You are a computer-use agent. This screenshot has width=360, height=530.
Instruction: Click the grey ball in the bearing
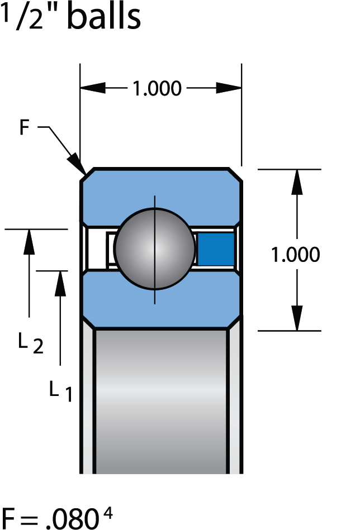pyautogui.click(x=155, y=249)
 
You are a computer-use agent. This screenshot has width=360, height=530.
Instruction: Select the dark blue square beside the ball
pyautogui.click(x=216, y=249)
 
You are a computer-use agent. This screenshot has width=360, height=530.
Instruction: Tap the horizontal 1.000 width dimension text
pyautogui.click(x=157, y=89)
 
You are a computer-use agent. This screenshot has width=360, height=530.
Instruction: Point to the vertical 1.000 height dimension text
pyautogui.click(x=295, y=255)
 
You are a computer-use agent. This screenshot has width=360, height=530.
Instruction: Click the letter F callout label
pyautogui.click(x=24, y=128)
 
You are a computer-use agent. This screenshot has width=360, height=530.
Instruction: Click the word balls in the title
pyautogui.click(x=103, y=17)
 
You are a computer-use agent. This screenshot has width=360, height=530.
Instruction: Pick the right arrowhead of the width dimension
pyautogui.click(x=229, y=88)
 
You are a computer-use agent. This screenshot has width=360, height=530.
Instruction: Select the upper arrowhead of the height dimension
pyautogui.click(x=297, y=182)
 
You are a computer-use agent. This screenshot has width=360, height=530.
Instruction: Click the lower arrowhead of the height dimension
pyautogui.click(x=297, y=318)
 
